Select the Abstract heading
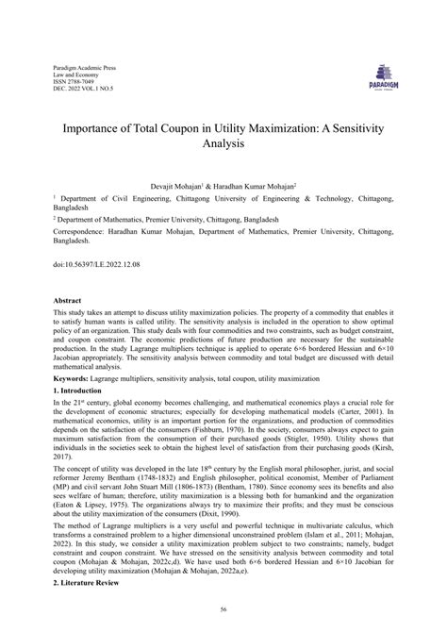click(69, 299)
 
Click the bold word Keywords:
click(74, 375)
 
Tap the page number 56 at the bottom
click(223, 611)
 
